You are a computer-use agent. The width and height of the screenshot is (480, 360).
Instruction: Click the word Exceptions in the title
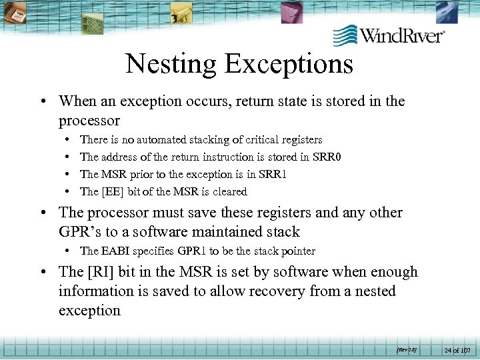point(289,64)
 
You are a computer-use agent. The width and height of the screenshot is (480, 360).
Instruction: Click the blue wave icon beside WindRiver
point(345,35)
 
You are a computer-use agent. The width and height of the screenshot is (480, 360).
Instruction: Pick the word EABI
point(118,251)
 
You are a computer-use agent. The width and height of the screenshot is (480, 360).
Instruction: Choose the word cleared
point(229,191)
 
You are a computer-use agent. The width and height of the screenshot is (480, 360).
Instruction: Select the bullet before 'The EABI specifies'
point(70,251)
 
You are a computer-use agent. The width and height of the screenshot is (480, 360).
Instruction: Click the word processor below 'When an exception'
point(89,121)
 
